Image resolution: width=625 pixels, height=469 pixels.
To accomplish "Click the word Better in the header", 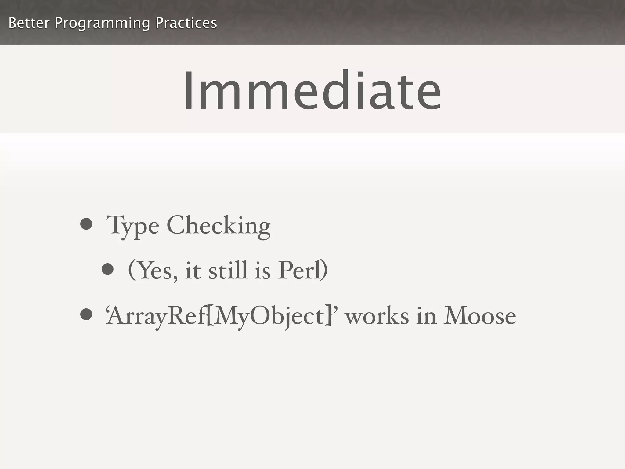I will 29,23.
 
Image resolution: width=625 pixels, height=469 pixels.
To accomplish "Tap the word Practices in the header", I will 186,23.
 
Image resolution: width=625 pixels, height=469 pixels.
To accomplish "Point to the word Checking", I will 219,226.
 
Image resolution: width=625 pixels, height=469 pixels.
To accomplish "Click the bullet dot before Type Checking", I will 86,224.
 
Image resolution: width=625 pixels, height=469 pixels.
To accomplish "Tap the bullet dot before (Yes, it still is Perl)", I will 107,269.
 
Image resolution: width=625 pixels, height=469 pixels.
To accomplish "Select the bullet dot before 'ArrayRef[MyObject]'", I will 86,314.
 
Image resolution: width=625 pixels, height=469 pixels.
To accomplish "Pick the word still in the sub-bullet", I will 228,270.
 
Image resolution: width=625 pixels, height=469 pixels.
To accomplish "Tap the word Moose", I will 480,316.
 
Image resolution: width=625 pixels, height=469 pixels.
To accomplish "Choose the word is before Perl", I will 262,271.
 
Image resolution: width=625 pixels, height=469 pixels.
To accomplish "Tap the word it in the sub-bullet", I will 193,271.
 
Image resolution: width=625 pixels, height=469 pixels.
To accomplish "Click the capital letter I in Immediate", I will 188,91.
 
